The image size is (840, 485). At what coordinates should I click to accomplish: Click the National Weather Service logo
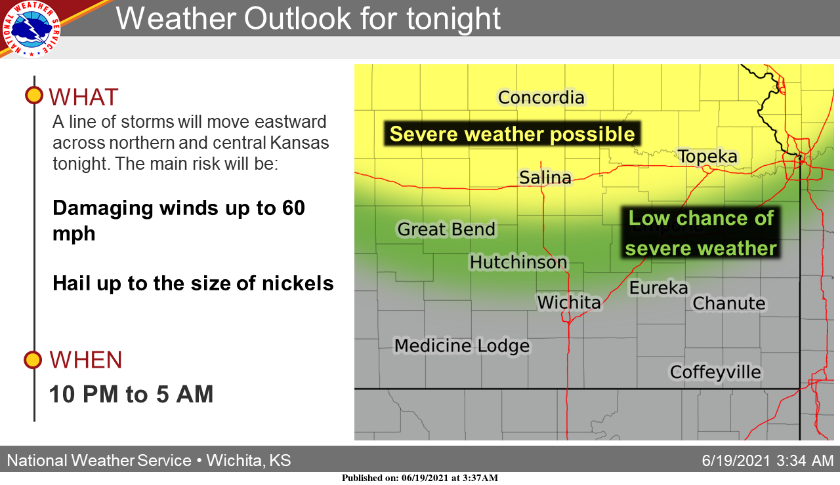coord(31,28)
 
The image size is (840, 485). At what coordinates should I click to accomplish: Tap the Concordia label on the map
coord(541,98)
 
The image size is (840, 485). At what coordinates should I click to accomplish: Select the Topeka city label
coord(708,156)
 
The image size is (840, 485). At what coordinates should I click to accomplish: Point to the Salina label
coord(545,177)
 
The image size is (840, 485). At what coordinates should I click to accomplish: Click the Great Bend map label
coord(446,229)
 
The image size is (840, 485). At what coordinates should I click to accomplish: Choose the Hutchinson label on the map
coord(518,262)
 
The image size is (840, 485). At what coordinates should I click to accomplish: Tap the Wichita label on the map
coord(569,302)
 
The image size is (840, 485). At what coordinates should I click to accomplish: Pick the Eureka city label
coord(658,288)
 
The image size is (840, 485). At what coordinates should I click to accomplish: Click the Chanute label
coord(729,303)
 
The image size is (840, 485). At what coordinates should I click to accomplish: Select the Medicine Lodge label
coord(462,345)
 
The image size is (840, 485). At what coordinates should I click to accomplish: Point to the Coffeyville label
coord(715,372)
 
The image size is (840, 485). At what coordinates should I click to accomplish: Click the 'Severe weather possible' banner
coord(512,134)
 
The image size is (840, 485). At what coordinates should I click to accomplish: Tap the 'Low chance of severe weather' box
coord(701,233)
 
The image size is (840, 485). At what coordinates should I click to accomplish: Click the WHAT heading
coord(83,97)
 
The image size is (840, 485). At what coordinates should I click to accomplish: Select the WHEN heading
coord(86,360)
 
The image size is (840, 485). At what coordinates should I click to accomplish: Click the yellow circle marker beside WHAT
coord(34,95)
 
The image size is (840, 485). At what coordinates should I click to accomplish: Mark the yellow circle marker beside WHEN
coord(33,360)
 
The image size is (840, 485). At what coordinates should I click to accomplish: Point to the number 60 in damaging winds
coord(293,208)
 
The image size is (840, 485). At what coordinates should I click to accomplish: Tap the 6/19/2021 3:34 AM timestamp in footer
coord(768,460)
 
